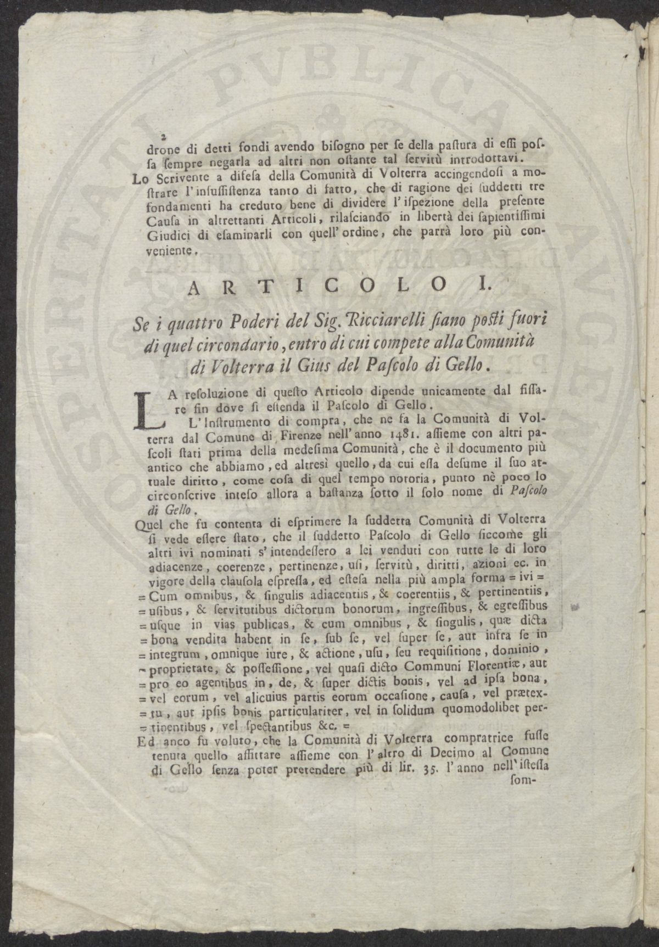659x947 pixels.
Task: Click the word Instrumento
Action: pos(206,423)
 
